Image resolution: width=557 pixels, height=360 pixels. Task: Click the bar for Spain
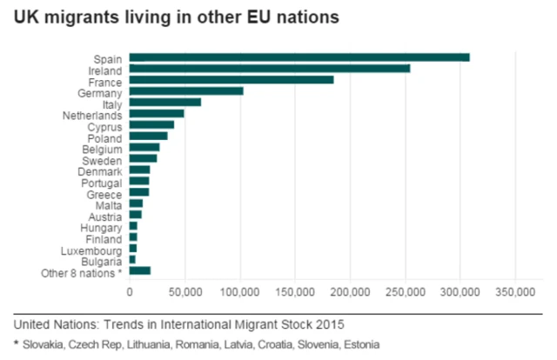tap(299, 57)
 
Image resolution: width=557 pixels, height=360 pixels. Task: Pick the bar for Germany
tap(186, 91)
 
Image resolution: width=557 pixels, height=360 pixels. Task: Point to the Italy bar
tap(165, 103)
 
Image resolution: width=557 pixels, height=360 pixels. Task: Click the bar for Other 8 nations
tap(140, 271)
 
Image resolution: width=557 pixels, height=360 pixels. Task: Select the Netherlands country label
tap(92, 114)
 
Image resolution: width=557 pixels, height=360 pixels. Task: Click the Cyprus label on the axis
tap(105, 125)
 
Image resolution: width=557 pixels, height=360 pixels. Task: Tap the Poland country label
tap(105, 137)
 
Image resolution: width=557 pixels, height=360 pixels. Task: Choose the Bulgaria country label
tap(102, 260)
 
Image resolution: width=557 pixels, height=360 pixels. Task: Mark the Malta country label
tap(108, 203)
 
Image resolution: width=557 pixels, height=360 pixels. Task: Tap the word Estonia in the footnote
tap(361, 344)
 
